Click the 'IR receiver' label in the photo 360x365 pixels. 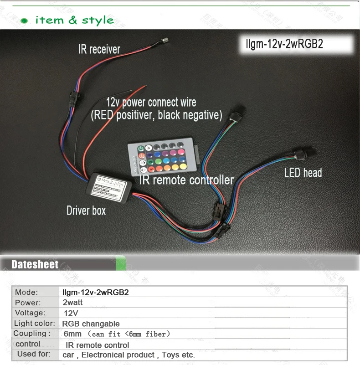(x=99, y=49)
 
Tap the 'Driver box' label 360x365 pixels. (x=86, y=211)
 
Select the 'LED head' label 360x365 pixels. (x=303, y=173)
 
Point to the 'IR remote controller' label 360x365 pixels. (x=186, y=180)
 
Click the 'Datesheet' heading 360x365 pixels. (x=35, y=265)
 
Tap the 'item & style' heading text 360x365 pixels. (x=74, y=21)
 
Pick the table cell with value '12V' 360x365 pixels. (x=72, y=313)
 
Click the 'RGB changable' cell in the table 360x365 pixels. (x=91, y=324)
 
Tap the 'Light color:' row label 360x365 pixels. (x=35, y=324)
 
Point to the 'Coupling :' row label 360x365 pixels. (x=32, y=334)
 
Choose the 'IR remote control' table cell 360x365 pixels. (x=98, y=345)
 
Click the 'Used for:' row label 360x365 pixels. (x=33, y=355)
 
